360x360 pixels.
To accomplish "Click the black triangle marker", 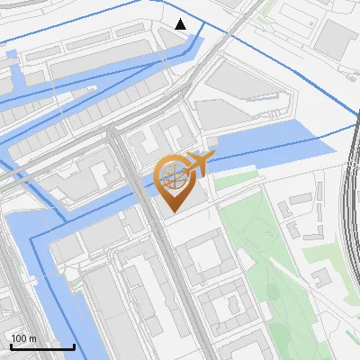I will pos(181,24).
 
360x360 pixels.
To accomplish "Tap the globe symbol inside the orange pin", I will pos(175,176).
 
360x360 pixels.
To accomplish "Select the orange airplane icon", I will pos(199,164).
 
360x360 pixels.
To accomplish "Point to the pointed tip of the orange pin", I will pos(174,211).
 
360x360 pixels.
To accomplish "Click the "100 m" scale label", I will pos(23,338).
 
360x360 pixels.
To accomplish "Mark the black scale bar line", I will pos(41,346).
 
